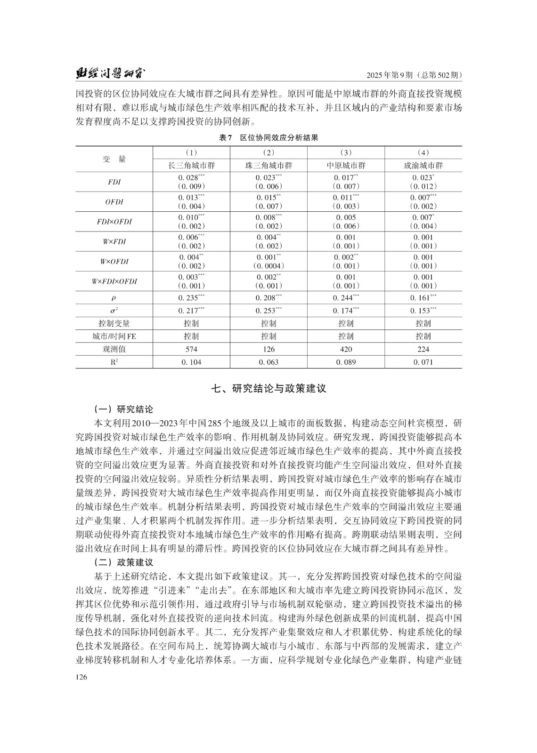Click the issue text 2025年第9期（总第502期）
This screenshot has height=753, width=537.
pos(414,75)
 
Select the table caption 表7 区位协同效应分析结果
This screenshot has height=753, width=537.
pos(268,138)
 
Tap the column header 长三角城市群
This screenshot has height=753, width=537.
pos(191,165)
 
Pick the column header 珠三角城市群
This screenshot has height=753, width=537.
pos(268,165)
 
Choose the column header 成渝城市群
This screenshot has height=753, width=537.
pos(423,165)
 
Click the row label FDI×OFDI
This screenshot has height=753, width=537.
pos(114,222)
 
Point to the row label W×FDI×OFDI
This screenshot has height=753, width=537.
pos(114,281)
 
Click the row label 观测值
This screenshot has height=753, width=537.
pos(114,349)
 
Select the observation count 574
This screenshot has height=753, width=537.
pos(191,349)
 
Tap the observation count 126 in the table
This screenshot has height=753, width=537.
pos(268,349)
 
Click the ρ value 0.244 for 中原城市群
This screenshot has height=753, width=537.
pos(345,298)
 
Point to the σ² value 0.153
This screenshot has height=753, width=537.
pos(423,311)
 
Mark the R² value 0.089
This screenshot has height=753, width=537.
pos(346,362)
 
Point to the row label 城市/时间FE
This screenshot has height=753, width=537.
pos(114,336)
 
